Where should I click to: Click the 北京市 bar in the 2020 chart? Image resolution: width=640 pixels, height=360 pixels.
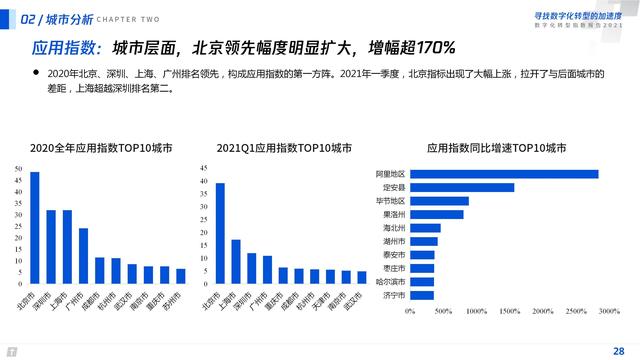35,228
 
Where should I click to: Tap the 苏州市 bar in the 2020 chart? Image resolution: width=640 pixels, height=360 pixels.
181,276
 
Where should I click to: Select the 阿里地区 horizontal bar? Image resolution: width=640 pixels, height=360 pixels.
504,174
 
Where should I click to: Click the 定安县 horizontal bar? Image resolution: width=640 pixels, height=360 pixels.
462,187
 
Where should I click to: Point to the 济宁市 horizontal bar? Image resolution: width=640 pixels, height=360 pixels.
422,295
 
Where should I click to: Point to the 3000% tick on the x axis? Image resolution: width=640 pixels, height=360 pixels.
607,312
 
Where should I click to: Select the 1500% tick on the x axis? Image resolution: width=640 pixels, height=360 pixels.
509,312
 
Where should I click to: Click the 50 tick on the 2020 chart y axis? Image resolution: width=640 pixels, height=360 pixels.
19,168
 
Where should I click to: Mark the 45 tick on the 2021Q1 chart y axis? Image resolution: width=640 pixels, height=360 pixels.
204,168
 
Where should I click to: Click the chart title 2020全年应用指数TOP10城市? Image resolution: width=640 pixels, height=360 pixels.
100,147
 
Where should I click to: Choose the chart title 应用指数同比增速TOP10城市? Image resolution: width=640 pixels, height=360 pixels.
496,147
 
